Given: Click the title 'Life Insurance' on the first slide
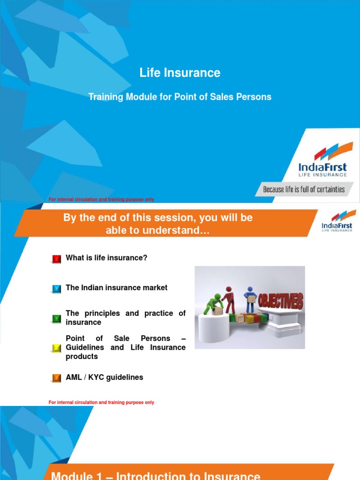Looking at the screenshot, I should [180, 73].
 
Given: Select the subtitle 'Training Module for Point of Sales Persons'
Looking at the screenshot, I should [180, 97].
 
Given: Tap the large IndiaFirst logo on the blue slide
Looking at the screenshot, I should [323, 162].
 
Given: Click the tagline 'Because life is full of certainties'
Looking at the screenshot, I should [304, 189].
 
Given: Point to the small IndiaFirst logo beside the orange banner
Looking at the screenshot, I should [337, 221].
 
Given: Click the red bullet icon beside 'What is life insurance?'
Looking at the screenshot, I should [57, 259].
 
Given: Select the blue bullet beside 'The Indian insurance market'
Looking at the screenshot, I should [57, 289].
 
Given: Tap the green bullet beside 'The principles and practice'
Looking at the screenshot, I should [57, 319].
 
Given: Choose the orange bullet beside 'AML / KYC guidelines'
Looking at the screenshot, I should [57, 378].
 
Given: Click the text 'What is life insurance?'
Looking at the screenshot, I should [106, 258].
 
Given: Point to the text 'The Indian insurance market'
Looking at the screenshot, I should [116, 288].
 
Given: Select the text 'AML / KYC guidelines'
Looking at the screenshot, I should [105, 377].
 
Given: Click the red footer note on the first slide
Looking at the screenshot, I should [101, 200].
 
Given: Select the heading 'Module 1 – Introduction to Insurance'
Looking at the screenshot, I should [156, 475].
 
